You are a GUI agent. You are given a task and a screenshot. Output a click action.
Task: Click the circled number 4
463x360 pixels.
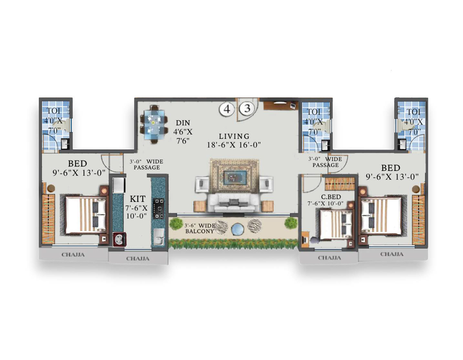coord(227,109)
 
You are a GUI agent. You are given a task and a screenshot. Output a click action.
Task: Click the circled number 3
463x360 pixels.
coord(247,109)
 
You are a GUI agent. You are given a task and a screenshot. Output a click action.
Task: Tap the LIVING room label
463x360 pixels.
coord(234,136)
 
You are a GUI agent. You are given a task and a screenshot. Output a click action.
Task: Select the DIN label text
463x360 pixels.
coord(183,123)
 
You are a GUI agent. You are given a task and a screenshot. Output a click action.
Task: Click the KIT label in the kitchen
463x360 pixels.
coord(137,199)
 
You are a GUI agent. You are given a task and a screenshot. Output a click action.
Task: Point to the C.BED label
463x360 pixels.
coord(331,197)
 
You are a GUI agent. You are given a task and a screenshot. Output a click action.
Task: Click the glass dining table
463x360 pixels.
coord(154,124)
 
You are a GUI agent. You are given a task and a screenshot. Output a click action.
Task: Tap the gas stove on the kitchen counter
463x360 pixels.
coord(159,209)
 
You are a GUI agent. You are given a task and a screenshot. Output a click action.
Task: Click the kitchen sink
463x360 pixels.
coord(159,237)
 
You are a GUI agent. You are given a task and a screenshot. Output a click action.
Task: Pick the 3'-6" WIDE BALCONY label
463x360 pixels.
coord(199,228)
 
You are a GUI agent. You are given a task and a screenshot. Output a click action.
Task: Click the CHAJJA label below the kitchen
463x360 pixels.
coord(138,259)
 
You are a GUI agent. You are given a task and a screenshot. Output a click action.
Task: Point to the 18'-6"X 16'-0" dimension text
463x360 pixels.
coord(234,145)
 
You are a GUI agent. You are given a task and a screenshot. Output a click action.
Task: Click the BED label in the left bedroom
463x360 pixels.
coord(77,163)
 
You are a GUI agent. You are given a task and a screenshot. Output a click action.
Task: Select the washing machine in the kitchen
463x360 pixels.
coord(119,240)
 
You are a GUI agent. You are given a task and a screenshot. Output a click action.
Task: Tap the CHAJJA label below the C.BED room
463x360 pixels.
coord(330,258)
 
